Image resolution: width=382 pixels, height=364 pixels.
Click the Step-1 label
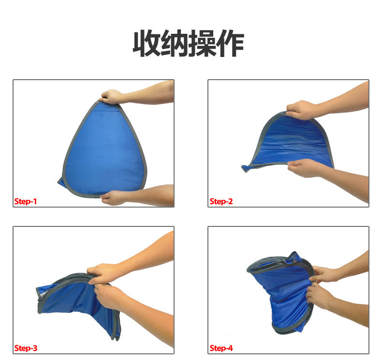pos(26,201)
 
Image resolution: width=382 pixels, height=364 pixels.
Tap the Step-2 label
pos(221,201)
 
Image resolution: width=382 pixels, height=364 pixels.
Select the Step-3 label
pos(26,348)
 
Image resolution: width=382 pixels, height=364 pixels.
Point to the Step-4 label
pos(221,348)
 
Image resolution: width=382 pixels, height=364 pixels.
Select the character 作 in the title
pos(230,43)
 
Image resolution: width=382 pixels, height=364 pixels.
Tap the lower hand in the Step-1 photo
pos(113,197)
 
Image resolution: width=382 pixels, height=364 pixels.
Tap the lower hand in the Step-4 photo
pos(318,296)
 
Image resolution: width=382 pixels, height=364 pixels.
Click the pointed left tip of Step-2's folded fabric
pos(244,168)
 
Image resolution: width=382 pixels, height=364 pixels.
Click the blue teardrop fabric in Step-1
pos(105,151)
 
